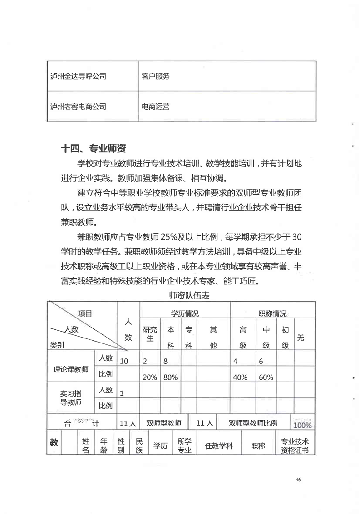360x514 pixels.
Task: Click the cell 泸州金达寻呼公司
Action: click(79, 77)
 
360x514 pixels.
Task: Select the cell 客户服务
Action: click(156, 77)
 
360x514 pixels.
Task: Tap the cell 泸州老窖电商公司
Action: click(79, 107)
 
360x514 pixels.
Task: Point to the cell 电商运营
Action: click(156, 107)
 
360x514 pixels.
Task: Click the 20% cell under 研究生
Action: click(150, 377)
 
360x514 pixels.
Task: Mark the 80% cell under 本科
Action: click(171, 377)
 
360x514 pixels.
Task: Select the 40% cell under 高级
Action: click(240, 377)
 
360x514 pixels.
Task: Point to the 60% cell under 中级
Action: click(266, 377)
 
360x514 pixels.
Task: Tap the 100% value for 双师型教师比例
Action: click(302, 425)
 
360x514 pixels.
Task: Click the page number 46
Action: click(298, 480)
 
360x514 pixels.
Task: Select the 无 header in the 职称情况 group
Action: click(300, 338)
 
